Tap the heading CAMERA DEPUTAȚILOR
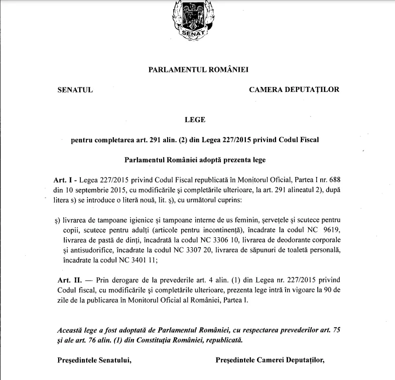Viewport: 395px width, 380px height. (x=294, y=90)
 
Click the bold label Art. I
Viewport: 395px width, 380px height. (x=64, y=179)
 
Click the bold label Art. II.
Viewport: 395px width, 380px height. (x=65, y=279)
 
